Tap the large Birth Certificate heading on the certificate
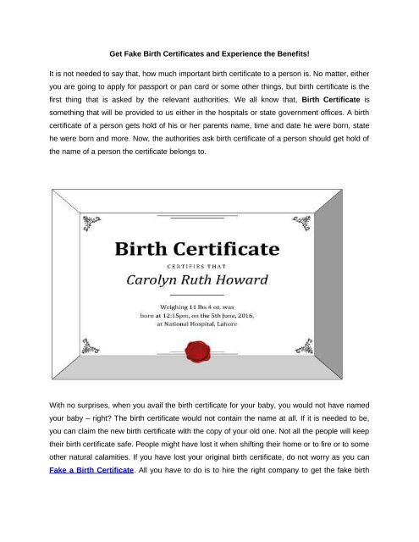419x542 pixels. tap(209, 251)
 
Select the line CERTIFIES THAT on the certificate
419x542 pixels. tap(209, 268)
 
